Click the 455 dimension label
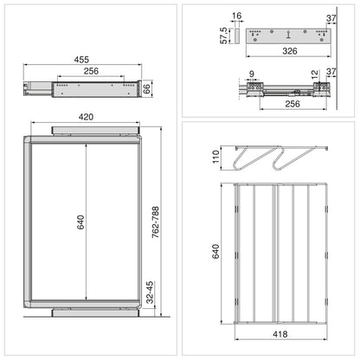tap(81, 60)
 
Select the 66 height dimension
tap(147, 89)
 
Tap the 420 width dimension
tap(86, 117)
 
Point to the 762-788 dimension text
tap(156, 222)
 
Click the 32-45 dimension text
tap(150, 292)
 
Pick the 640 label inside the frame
tap(80, 222)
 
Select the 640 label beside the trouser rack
tap(215, 251)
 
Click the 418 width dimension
tap(280, 334)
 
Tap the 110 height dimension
tap(216, 157)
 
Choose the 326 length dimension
tap(290, 51)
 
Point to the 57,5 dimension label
tap(224, 35)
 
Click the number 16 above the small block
tap(236, 16)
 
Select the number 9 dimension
tap(252, 74)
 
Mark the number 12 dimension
tap(315, 74)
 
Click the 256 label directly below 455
tap(91, 71)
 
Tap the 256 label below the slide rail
tap(292, 104)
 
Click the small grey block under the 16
tap(236, 36)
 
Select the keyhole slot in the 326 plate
tap(288, 34)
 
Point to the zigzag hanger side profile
tap(281, 157)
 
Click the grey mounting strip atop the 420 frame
tap(94, 131)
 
